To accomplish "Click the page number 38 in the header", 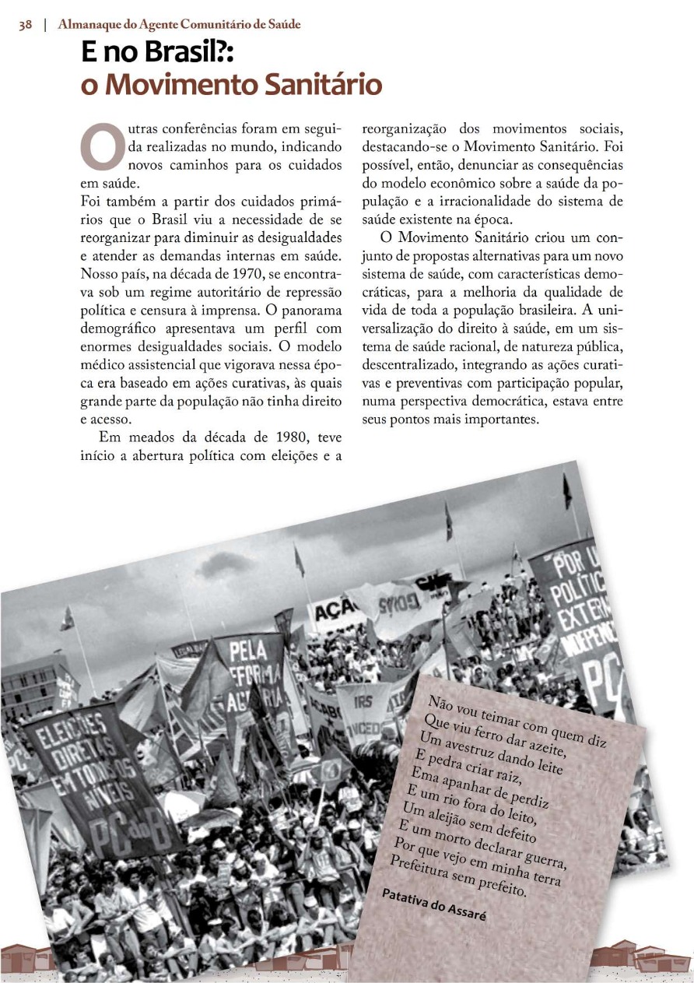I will (x=26, y=25).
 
